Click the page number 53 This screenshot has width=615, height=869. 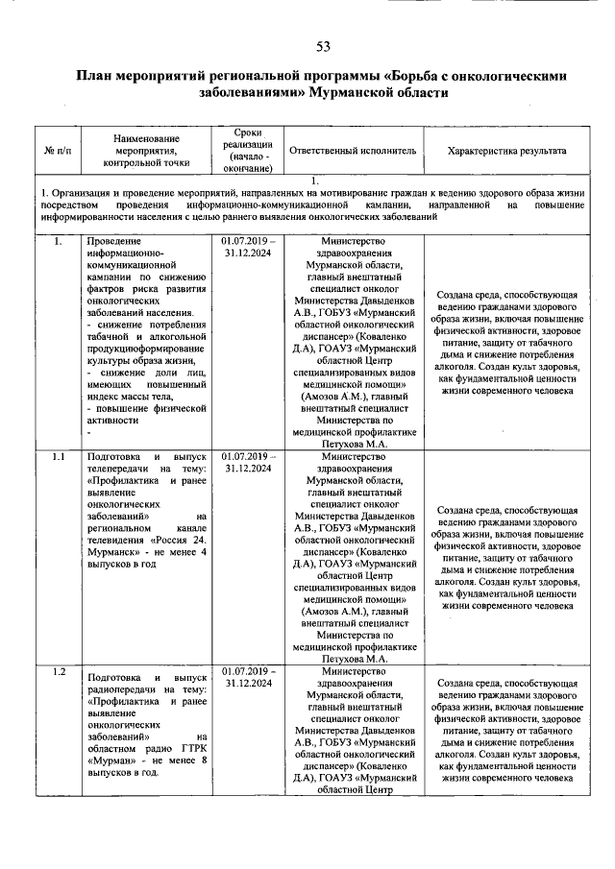click(x=323, y=48)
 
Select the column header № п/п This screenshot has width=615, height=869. click(x=57, y=151)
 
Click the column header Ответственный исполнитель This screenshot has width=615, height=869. click(x=352, y=151)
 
